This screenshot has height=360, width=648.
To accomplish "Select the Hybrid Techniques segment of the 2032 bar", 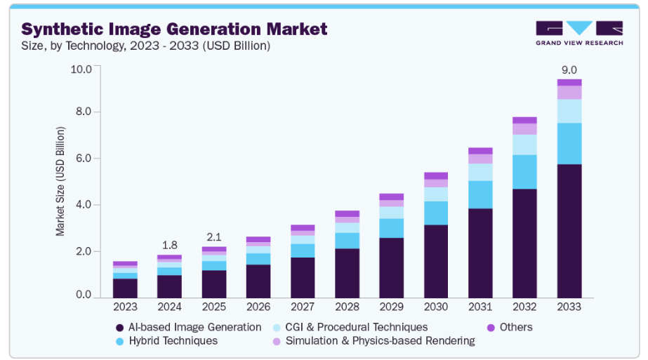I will (524, 171).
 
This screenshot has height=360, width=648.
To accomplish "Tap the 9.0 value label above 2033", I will (569, 69).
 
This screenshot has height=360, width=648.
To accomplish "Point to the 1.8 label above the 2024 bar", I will (169, 245).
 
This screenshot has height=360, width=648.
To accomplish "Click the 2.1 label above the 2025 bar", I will (213, 236).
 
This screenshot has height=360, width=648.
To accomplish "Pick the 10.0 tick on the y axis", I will (81, 69).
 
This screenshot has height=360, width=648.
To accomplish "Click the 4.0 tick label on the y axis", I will (84, 205).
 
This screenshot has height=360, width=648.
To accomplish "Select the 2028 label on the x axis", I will (347, 307).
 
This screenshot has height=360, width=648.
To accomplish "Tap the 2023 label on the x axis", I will (125, 307).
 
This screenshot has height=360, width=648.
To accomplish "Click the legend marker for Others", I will (491, 328).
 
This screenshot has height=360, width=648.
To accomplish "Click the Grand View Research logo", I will (579, 33).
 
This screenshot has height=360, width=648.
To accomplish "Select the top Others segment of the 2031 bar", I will (480, 151).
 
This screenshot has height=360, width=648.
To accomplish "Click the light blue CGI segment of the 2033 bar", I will (569, 111).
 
